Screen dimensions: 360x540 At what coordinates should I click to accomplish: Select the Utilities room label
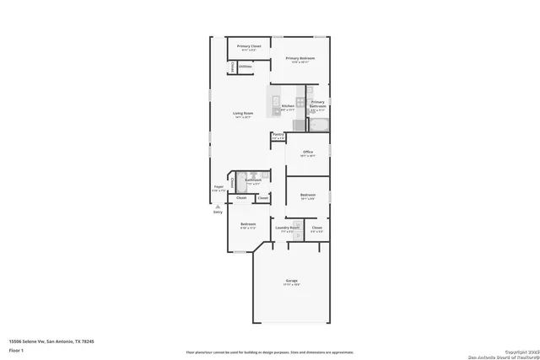point(246,66)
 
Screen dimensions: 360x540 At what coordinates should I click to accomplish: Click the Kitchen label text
point(288,106)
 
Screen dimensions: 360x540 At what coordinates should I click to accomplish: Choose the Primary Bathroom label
point(318,105)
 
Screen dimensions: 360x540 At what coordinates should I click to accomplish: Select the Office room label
point(308,153)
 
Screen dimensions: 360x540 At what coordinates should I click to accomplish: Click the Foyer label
point(218,189)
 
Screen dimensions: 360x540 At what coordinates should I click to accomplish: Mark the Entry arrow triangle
point(218,206)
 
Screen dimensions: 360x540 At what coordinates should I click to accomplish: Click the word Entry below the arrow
point(218,212)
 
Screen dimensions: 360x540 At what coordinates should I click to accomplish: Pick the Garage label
point(291,281)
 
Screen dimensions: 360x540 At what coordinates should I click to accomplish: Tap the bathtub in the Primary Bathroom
point(319,126)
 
